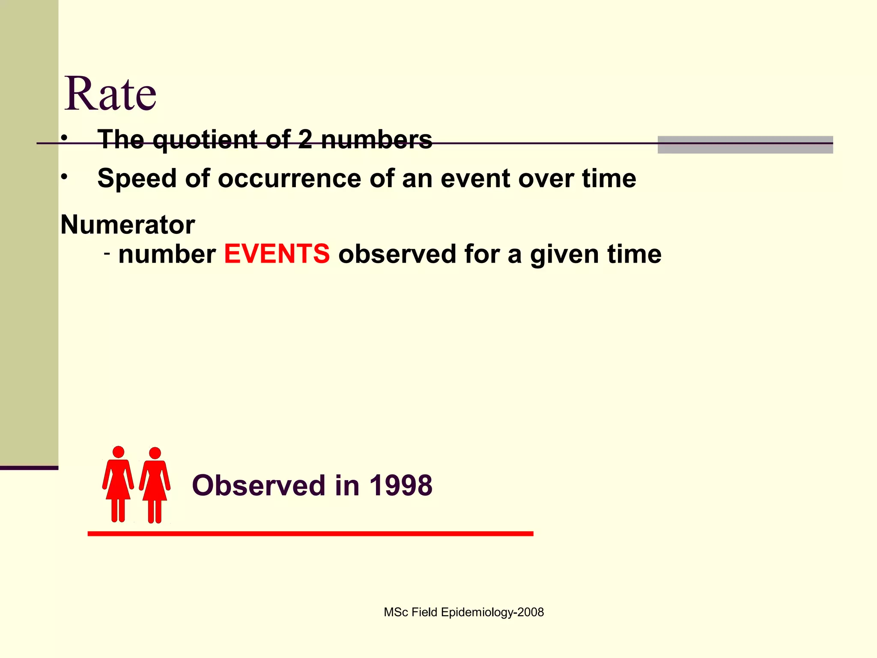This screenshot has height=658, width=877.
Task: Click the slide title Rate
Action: point(110,93)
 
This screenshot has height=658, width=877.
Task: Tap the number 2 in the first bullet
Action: point(305,139)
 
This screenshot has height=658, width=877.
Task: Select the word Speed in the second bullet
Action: point(137,178)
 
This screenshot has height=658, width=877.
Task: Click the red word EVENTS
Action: point(277,254)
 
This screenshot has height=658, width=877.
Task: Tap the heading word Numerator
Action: point(128,224)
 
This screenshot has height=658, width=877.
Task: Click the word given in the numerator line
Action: point(564,255)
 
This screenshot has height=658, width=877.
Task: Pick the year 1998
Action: point(401,485)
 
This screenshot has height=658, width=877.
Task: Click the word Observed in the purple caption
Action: point(259,485)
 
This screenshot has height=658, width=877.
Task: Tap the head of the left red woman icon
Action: point(118,452)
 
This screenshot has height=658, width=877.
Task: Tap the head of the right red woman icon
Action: point(155,453)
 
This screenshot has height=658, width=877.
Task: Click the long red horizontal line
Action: point(310,533)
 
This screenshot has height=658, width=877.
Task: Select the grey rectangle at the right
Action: point(745,145)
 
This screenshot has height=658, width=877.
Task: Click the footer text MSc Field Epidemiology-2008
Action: point(463,612)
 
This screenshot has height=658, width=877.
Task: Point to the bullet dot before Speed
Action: point(64,177)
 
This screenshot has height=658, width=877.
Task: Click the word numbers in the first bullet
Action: point(376,140)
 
